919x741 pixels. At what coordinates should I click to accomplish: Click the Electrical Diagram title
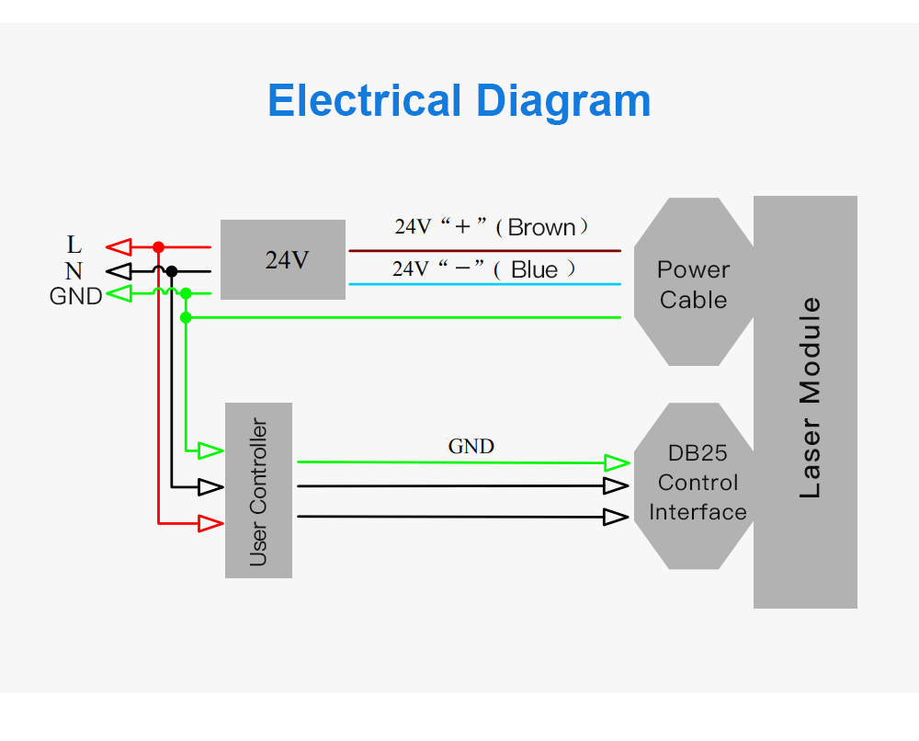point(459,101)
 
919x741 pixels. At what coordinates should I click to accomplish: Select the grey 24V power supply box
point(282,259)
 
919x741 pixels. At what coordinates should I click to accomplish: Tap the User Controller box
point(258,490)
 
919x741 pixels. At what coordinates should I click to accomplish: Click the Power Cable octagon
point(694,281)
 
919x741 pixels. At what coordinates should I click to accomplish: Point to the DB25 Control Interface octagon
point(694,486)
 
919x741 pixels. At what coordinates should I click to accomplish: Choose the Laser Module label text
point(811,397)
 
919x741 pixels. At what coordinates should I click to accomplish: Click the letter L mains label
point(74,244)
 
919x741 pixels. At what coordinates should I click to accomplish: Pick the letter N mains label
point(74,271)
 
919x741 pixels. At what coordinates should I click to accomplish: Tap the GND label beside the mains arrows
point(75,297)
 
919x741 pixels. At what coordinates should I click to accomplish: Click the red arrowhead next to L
point(119,246)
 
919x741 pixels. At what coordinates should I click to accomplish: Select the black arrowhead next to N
point(119,271)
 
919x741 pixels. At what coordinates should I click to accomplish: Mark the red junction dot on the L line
point(158,247)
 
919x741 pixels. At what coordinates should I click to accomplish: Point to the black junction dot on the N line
point(172,271)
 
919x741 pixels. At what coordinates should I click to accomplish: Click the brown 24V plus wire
point(484,251)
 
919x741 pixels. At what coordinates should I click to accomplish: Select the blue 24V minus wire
point(484,284)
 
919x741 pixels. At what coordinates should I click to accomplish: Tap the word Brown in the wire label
point(541,227)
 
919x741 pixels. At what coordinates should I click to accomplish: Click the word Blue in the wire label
point(534,269)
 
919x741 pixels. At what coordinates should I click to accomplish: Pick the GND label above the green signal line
point(471,447)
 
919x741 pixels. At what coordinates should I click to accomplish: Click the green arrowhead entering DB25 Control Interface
point(618,463)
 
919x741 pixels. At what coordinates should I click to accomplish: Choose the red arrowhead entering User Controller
point(211,523)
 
